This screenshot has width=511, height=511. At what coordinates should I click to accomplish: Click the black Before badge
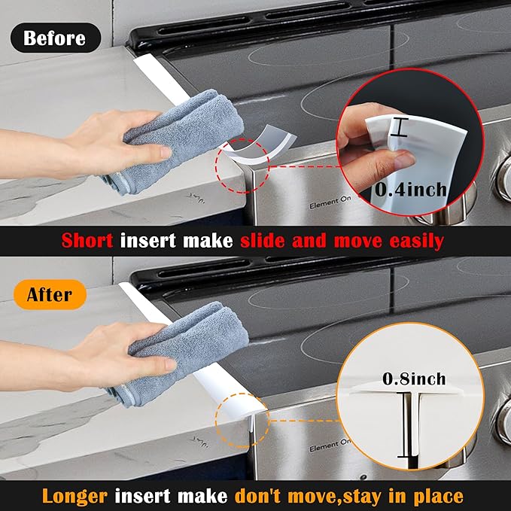point(56,38)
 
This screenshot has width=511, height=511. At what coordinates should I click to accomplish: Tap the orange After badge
point(50,294)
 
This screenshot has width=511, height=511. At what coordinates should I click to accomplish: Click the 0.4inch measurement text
point(411,190)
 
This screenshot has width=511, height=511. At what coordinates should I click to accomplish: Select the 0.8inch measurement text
point(414,379)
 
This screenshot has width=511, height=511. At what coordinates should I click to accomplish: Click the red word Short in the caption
point(87,241)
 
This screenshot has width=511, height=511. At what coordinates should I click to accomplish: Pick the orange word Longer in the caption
point(75,497)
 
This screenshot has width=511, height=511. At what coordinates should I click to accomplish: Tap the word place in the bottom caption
point(438,497)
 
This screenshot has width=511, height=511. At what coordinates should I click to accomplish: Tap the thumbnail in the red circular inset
point(405,159)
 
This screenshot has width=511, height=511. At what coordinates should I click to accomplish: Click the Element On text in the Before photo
point(330,202)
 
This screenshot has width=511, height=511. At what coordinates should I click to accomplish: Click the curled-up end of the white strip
point(260,144)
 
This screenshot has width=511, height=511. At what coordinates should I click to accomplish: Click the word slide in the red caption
point(263,241)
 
